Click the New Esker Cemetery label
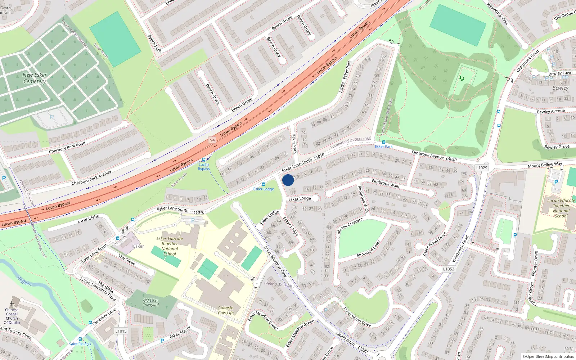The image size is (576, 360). (35, 78)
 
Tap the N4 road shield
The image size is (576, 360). (212, 140)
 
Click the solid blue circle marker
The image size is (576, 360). (288, 180)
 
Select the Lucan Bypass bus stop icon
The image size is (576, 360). (204, 159)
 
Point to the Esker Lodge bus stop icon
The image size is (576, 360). (264, 184)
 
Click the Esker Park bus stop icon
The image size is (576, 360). (384, 142)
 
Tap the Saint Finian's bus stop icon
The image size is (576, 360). (80, 339)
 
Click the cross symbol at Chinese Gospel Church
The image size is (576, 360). (12, 304)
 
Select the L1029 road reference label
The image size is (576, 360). (482, 168)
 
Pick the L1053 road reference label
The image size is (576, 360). (449, 269)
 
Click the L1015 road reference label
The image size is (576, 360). (121, 331)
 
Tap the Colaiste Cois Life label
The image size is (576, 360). (226, 310)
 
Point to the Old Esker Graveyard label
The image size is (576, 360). (150, 302)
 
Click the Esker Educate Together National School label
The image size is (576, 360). (170, 246)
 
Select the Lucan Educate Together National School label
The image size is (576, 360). (561, 208)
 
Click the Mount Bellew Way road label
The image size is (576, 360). (545, 165)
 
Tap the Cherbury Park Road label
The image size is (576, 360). (67, 147)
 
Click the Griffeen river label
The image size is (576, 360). (24, 281)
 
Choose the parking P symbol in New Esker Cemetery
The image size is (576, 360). (52, 117)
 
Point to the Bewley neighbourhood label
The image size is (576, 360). (561, 88)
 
